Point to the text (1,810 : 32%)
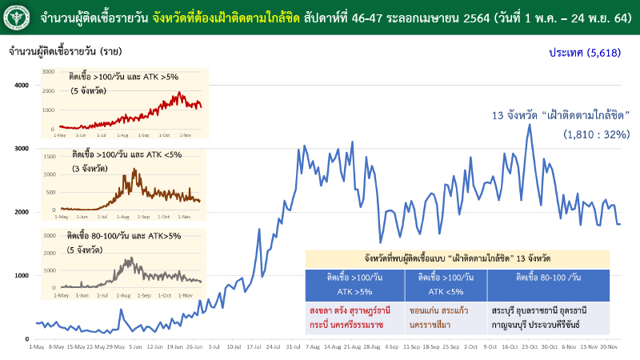596,134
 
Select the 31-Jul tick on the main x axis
294,347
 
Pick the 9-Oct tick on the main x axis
490,347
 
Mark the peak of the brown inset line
134,170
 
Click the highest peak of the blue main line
529,125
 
